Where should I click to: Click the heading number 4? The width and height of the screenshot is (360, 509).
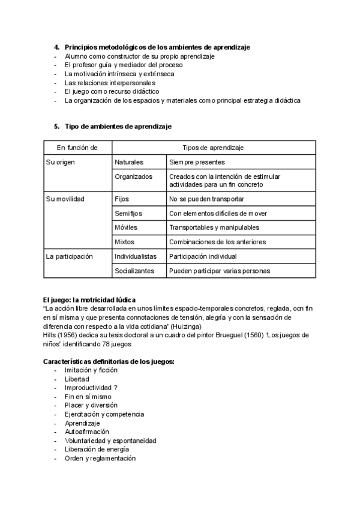56,47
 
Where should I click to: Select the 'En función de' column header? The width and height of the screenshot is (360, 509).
77,148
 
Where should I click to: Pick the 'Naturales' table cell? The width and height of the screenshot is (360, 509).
130,162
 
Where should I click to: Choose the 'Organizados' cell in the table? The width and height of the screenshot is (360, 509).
133,177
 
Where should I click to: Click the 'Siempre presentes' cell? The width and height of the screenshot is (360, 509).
197,162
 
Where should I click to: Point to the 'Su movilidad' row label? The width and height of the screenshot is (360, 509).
65,199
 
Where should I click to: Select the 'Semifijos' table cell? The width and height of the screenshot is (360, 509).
130,213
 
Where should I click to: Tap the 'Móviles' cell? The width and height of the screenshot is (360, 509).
126,227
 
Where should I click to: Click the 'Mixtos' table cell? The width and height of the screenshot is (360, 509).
125,242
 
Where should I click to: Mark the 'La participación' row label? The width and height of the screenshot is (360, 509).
70,256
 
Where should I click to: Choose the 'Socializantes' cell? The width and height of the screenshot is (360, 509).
134,271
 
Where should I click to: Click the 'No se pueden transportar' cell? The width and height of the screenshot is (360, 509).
206,199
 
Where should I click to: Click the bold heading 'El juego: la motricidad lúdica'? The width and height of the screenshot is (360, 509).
90,300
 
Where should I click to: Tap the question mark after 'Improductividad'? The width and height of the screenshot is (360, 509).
115,388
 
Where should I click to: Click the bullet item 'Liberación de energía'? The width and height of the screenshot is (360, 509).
97,449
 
